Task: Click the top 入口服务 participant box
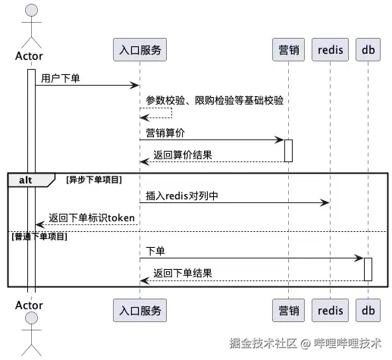click(139, 51)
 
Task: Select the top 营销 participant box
click(288, 51)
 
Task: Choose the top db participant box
click(368, 51)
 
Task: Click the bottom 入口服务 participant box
click(139, 310)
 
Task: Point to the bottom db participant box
click(368, 310)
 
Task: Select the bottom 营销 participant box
click(288, 310)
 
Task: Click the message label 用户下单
click(61, 77)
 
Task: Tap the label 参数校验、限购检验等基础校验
click(215, 100)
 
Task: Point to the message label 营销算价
click(165, 133)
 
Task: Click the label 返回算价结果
click(182, 155)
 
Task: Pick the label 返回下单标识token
click(92, 218)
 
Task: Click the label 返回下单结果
click(182, 274)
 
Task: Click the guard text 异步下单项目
click(94, 180)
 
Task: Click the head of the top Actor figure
click(31, 11)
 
